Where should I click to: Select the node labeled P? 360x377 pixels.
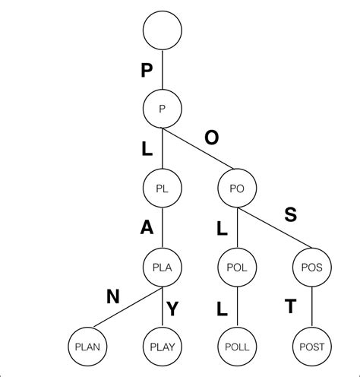[162, 109]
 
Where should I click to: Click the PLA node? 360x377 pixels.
[162, 267]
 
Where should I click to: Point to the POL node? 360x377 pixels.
[237, 267]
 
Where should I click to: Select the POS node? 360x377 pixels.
[311, 267]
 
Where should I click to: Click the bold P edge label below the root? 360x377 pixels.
[147, 71]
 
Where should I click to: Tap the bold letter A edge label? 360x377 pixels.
[146, 228]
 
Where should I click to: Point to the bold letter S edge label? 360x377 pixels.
[290, 215]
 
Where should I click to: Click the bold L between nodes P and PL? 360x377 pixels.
[147, 149]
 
